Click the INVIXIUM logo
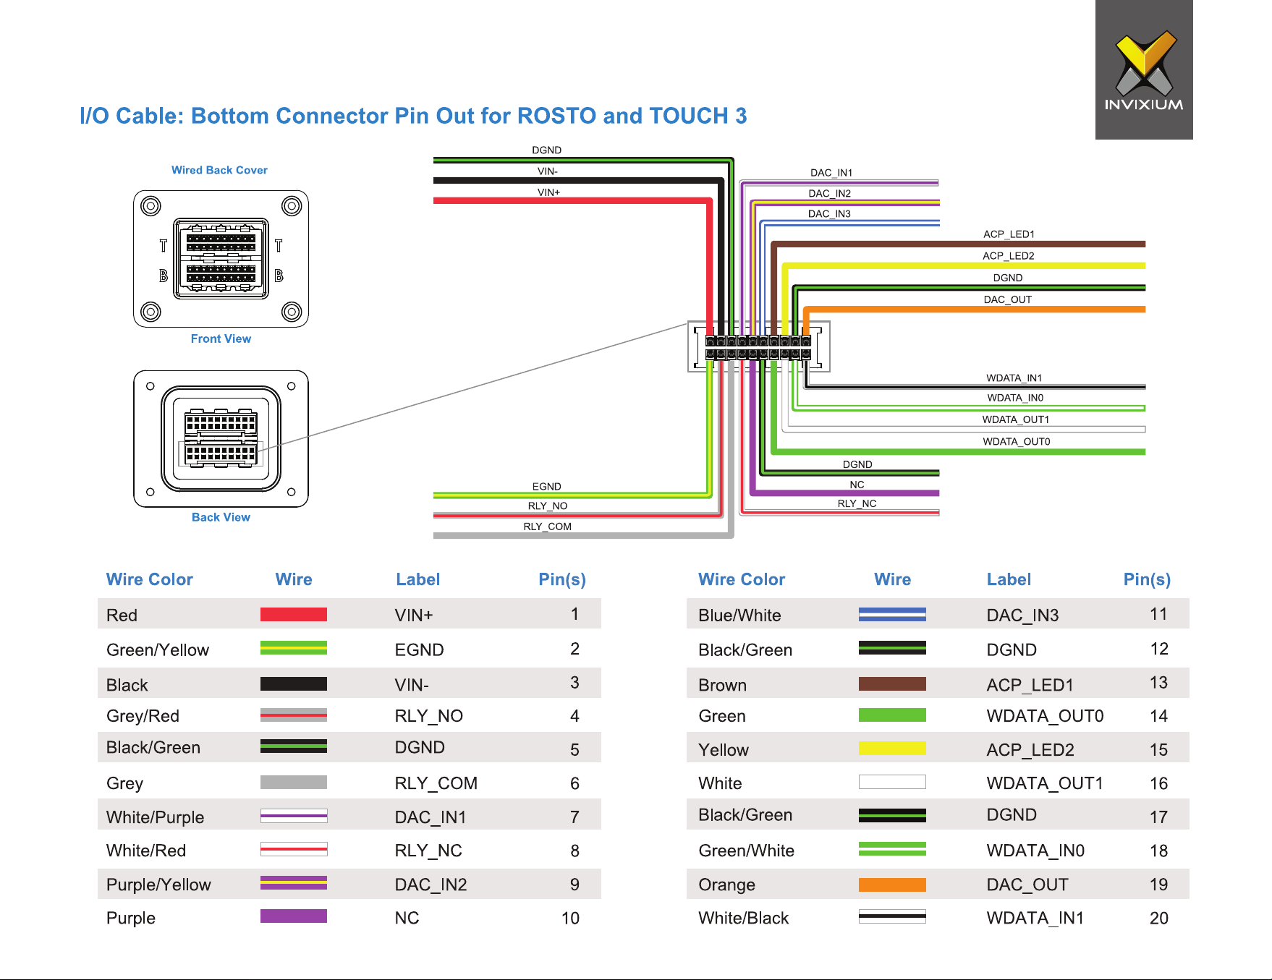[x=1144, y=70]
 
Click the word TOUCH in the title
[x=688, y=116]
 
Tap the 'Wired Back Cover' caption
[x=219, y=170]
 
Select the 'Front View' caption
[x=221, y=338]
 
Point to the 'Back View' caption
[x=221, y=517]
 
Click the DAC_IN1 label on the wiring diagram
[x=831, y=173]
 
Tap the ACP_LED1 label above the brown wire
[x=1009, y=234]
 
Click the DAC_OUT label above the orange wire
[x=1007, y=299]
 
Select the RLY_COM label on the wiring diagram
[x=547, y=527]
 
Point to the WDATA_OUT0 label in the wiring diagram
[x=1016, y=441]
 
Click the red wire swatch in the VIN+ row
[x=294, y=615]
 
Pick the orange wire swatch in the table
[x=892, y=885]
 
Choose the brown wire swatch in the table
[x=892, y=683]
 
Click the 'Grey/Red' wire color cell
[x=143, y=716]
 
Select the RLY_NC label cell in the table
[x=428, y=851]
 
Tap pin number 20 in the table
[x=1158, y=918]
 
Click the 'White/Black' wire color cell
[x=743, y=918]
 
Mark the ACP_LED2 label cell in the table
[x=1030, y=750]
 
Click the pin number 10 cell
[x=570, y=918]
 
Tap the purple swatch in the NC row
[x=294, y=916]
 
